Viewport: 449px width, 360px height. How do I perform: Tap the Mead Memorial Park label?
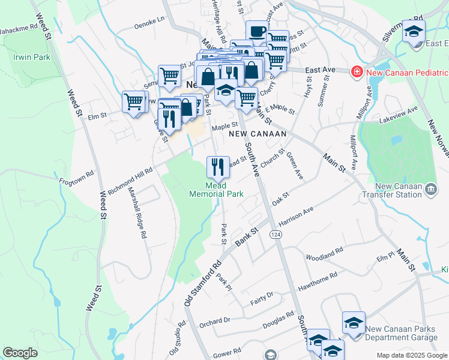pos(217,190)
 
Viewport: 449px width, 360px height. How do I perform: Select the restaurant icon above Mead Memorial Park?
pos(218,166)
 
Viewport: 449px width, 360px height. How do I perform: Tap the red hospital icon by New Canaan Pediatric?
pos(357,71)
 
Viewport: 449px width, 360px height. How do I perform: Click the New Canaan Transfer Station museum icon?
pos(431,190)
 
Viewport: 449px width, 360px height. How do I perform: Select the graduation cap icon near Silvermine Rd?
pos(414,31)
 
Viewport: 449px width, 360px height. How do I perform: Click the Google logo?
pos(20,353)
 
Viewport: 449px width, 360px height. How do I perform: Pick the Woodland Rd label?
pos(324,253)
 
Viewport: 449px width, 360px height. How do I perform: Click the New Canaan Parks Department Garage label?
pos(406,333)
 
